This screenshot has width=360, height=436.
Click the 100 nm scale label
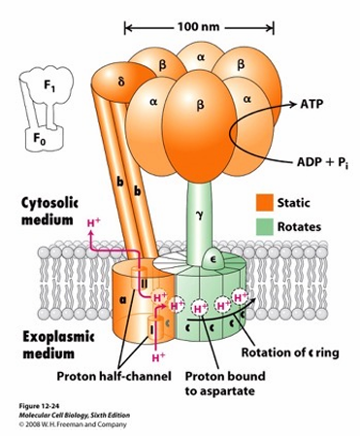point(198,26)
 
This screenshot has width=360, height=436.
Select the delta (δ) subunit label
point(121,83)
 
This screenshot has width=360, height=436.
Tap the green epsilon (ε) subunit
point(213,259)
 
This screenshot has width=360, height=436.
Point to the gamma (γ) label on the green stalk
point(200,215)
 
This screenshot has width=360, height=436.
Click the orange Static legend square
point(264,203)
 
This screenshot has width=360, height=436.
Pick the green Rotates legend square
point(264,226)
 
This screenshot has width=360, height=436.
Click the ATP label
point(311,104)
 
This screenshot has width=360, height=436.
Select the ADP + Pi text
point(323,162)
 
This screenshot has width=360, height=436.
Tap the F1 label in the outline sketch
point(49,85)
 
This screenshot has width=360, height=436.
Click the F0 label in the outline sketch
point(40,139)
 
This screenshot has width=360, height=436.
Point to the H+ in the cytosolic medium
point(93,222)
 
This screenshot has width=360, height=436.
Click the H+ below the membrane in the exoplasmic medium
point(158,357)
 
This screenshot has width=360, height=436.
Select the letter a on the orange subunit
point(122,300)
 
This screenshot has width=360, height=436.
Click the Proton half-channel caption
point(114,376)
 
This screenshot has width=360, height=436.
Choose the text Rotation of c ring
point(290,352)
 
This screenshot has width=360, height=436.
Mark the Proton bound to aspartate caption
point(225,384)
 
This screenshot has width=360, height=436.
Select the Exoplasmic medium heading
point(58,345)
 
